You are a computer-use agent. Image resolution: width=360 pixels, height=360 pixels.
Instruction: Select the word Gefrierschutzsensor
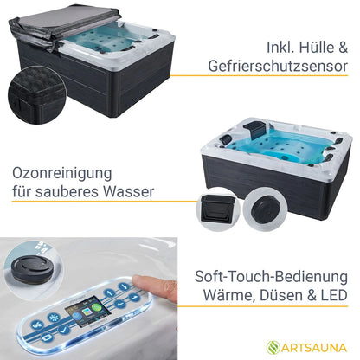point(278,67)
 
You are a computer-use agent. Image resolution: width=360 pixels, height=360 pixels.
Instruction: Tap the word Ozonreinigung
point(62,174)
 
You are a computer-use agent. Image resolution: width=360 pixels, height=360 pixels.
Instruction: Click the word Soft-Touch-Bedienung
point(271,276)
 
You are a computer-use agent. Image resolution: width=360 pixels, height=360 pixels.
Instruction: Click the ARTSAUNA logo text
point(313,348)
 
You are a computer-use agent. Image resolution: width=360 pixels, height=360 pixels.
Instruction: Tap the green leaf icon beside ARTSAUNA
point(273,347)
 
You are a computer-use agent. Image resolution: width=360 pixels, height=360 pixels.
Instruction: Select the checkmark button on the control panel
point(64,329)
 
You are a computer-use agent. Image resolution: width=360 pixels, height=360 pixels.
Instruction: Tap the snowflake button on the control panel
point(54,318)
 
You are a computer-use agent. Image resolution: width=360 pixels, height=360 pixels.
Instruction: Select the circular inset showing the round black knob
point(265,208)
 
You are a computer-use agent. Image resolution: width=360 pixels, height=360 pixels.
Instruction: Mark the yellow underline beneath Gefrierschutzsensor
point(259,76)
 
